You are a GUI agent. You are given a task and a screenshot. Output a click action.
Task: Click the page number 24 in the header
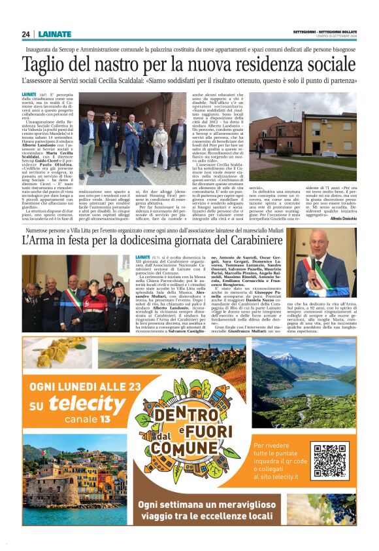pos(25,34)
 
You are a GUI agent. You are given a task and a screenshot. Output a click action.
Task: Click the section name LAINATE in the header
pos(56,34)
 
